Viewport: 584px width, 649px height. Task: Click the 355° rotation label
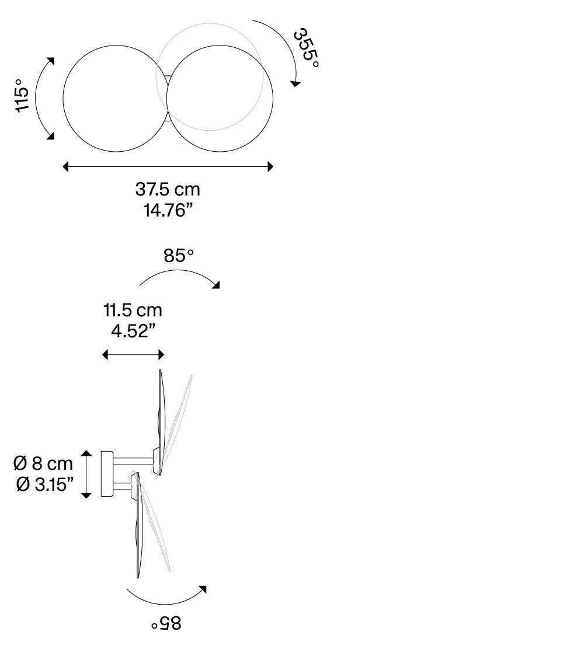click(x=306, y=48)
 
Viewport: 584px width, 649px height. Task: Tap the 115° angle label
click(x=22, y=96)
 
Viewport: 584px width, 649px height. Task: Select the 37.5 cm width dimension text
click(x=168, y=190)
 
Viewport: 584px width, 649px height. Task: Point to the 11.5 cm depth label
click(x=133, y=310)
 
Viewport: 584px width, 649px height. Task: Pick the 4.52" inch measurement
click(x=133, y=331)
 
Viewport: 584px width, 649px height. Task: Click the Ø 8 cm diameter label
click(x=43, y=463)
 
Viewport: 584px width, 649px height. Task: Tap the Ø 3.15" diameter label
click(x=45, y=484)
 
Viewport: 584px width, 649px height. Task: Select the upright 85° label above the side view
click(x=179, y=256)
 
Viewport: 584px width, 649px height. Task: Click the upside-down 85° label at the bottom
click(x=166, y=623)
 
